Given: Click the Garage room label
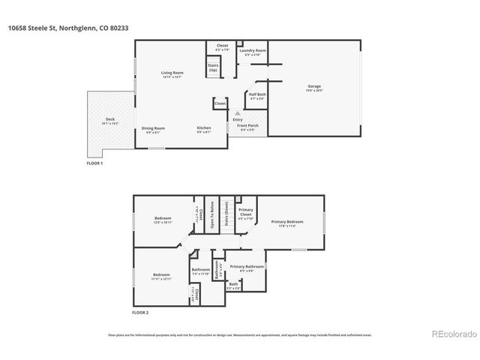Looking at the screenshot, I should (x=315, y=86).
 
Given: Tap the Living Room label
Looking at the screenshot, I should (x=172, y=73).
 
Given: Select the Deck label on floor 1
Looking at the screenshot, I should (x=110, y=120).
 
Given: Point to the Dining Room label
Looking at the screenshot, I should (x=154, y=128).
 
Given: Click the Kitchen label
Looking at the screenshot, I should (x=204, y=128).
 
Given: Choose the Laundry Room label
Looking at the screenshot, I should (x=253, y=50).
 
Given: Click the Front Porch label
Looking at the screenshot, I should (x=247, y=127).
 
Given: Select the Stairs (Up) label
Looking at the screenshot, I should (x=213, y=67).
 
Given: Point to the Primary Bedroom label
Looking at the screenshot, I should (x=287, y=221).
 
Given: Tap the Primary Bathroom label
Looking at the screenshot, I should (x=247, y=267).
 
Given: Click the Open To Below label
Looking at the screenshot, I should (x=212, y=214).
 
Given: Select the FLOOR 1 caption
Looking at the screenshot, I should (x=95, y=163).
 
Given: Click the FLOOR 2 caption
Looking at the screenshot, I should (x=140, y=311).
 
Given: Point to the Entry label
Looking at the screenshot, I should (x=237, y=120).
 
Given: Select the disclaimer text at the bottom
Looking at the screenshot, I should (x=240, y=335).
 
